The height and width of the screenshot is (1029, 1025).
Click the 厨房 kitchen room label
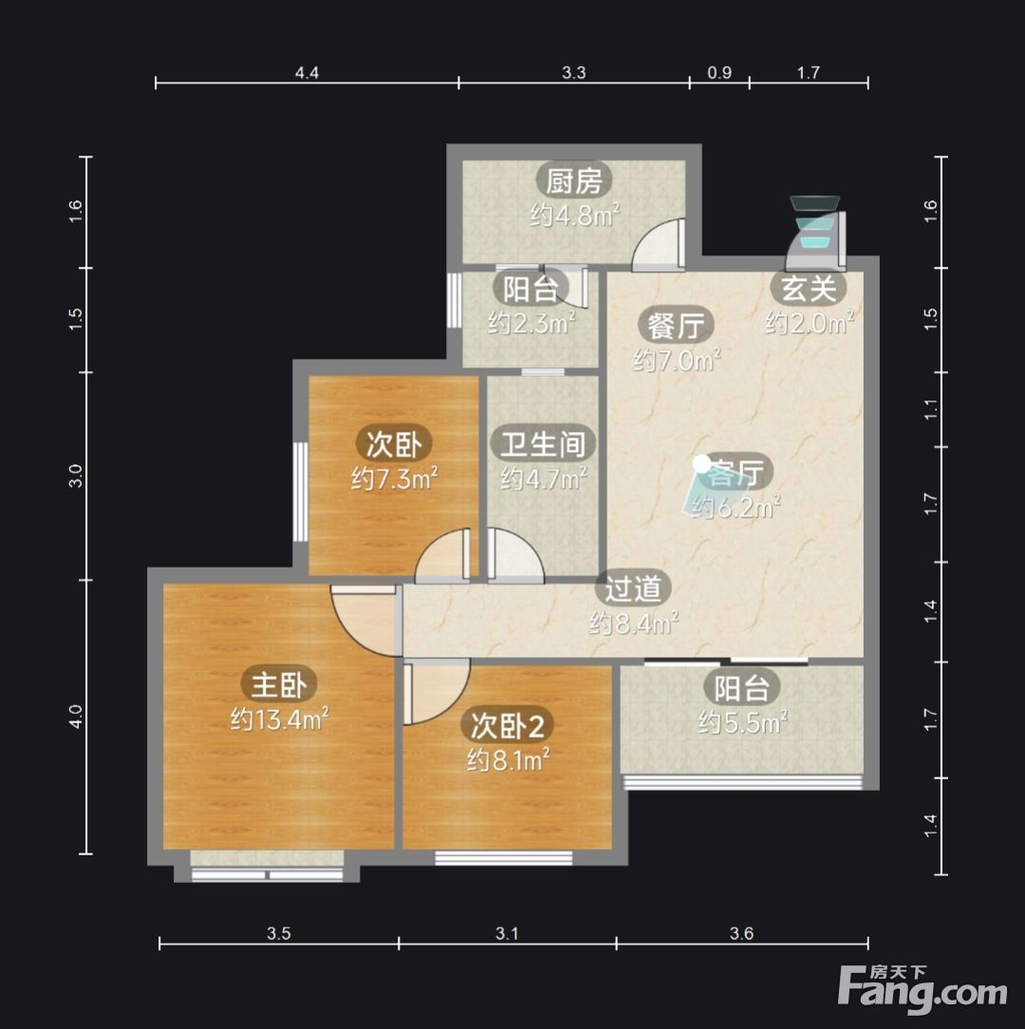(x=574, y=180)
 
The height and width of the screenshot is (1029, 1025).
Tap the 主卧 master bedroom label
(x=280, y=684)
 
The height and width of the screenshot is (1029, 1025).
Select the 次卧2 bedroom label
(x=507, y=725)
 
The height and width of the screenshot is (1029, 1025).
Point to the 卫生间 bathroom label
(x=543, y=443)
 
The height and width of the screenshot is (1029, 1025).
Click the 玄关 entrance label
(x=809, y=288)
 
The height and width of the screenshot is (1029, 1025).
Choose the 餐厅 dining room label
(x=676, y=325)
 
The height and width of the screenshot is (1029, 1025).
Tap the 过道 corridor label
(x=633, y=588)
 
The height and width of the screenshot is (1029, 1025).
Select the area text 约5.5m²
(x=742, y=722)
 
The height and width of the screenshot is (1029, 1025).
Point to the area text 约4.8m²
(x=575, y=215)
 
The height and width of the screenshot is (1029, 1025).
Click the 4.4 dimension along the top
(x=307, y=73)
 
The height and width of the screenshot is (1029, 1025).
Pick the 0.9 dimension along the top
(x=719, y=73)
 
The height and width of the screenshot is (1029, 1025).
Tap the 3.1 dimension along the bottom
(x=507, y=933)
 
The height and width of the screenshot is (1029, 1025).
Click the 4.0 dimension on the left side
(x=76, y=716)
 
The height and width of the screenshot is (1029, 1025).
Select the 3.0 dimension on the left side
(x=76, y=476)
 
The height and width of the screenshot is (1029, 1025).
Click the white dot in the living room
(x=701, y=464)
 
